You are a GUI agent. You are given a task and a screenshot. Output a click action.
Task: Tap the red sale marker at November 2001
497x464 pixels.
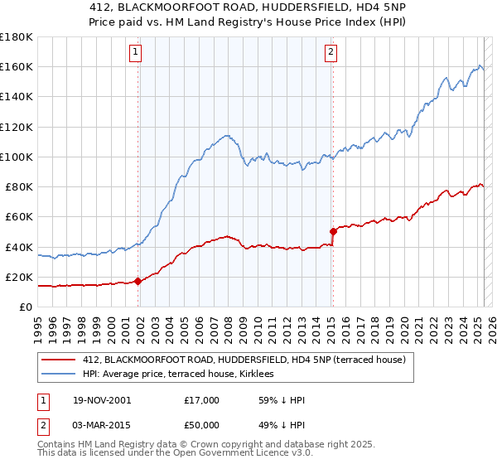(x=138, y=282)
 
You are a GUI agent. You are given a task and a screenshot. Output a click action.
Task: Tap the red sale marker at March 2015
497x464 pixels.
(x=333, y=232)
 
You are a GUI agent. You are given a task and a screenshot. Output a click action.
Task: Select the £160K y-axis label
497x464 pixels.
(x=17, y=66)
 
